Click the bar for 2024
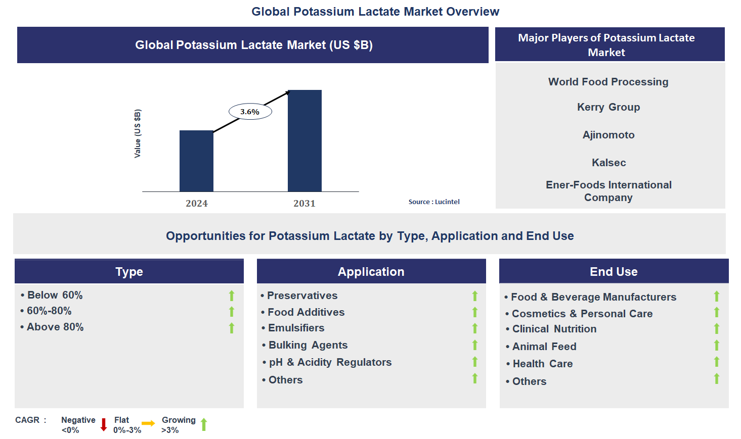click(x=196, y=161)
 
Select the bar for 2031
click(x=304, y=140)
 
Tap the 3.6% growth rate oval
click(x=250, y=112)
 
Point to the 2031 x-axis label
click(x=304, y=204)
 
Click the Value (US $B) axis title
click(x=138, y=133)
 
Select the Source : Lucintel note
click(x=434, y=202)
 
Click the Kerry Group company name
click(x=608, y=107)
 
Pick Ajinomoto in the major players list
click(x=608, y=135)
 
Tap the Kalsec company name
click(x=608, y=163)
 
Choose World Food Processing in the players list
click(x=608, y=82)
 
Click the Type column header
click(x=129, y=272)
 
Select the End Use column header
click(x=614, y=272)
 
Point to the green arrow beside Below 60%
click(x=232, y=296)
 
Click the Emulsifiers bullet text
click(x=296, y=328)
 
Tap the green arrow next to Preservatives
click(x=475, y=296)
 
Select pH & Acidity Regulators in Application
click(x=330, y=362)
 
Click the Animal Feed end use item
click(x=544, y=347)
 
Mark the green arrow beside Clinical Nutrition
click(x=717, y=329)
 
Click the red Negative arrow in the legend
click(x=104, y=425)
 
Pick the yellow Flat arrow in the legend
click(x=148, y=424)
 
